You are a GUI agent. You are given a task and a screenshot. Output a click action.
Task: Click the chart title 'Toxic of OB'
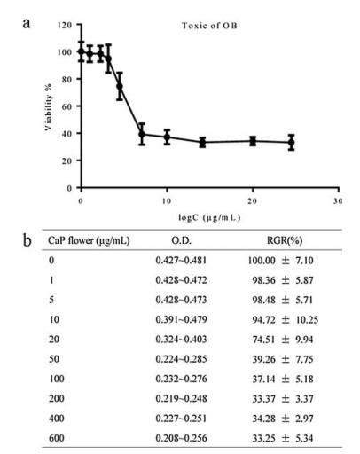click(209, 26)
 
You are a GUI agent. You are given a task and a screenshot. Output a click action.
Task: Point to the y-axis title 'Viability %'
click(48, 107)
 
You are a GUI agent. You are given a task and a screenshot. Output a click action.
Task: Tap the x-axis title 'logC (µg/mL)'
click(209, 218)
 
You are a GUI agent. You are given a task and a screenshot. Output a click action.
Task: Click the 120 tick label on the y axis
click(65, 25)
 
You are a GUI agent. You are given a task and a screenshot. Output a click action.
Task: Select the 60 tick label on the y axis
click(67, 106)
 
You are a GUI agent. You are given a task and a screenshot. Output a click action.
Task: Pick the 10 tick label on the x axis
click(167, 201)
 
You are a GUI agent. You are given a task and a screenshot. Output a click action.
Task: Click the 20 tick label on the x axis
click(252, 201)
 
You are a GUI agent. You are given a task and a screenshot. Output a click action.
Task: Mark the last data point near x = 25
click(292, 143)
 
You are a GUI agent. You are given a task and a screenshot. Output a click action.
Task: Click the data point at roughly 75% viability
click(120, 86)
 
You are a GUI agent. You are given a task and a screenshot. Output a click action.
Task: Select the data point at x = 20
click(253, 141)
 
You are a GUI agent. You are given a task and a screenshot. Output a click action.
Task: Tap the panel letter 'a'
click(27, 23)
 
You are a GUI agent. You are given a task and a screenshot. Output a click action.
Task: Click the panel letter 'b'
click(27, 240)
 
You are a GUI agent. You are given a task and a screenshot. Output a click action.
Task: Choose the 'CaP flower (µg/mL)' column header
click(89, 240)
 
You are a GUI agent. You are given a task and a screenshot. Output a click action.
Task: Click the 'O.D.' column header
click(181, 240)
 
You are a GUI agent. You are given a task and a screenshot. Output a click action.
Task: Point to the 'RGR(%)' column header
click(285, 240)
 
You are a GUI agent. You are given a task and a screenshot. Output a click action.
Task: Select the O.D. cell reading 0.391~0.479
click(181, 319)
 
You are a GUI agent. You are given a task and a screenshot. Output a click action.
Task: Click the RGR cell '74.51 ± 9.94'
click(283, 340)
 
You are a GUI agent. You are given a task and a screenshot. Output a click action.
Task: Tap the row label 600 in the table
click(57, 438)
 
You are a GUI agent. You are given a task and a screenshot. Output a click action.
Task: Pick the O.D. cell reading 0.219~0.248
click(181, 398)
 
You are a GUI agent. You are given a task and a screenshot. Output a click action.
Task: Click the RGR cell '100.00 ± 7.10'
click(280, 261)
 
